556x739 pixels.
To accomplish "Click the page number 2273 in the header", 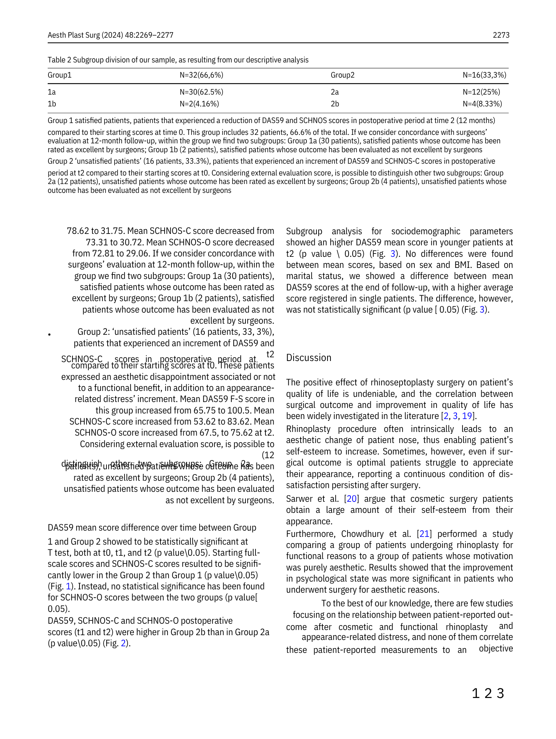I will coord(501,35).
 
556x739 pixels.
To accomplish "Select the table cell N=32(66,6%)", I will coord(201,75).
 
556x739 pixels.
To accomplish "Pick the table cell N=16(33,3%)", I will coord(484,75).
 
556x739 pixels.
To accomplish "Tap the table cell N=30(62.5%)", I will coord(201,92).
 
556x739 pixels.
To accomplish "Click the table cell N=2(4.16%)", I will coord(199,104).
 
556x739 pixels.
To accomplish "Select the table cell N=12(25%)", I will coord(481,92).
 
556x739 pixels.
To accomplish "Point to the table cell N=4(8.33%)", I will coord(482,104).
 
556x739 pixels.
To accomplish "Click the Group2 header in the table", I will coord(342,75).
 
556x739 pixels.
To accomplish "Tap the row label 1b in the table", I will coord(52,104).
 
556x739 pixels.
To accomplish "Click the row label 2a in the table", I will coord(335,92).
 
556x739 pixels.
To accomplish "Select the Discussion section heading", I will coord(309,358).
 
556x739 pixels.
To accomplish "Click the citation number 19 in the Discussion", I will coord(467,416).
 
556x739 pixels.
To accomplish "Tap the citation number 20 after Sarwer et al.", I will coord(352,499).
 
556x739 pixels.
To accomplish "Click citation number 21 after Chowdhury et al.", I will coord(424,534).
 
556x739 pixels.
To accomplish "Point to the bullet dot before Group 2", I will coord(49,335).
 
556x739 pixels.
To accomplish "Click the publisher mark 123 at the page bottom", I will coord(488,694).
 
